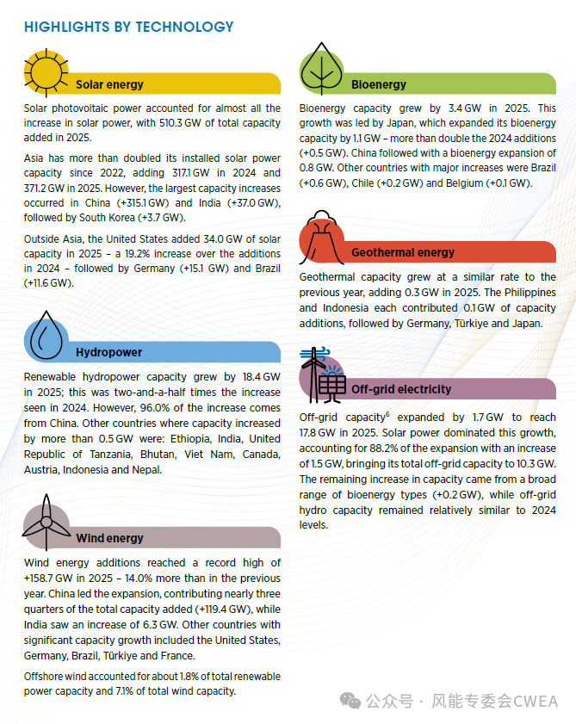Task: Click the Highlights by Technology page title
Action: [128, 27]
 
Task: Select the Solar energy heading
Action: [109, 84]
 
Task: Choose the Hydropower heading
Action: [108, 352]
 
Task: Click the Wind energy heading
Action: [109, 538]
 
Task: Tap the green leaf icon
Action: [323, 70]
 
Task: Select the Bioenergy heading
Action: [379, 84]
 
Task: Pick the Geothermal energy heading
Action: [403, 252]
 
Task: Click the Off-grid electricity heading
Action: [401, 389]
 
